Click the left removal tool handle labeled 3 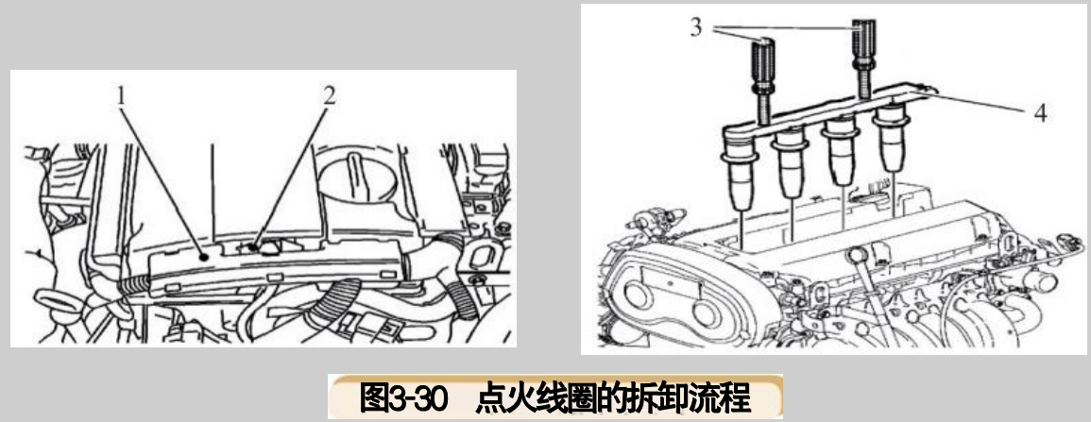[x=763, y=60]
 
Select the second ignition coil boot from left [x=790, y=166]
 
